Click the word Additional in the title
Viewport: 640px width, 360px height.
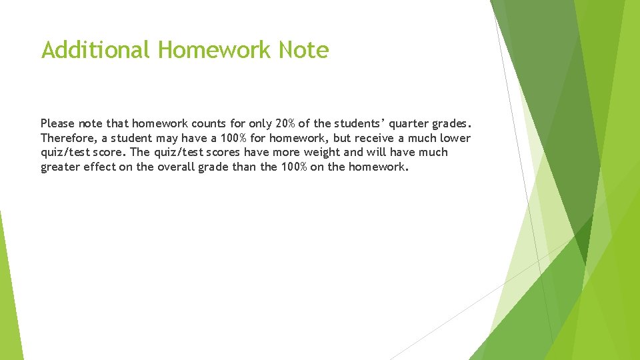96,50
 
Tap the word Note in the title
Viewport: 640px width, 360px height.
303,50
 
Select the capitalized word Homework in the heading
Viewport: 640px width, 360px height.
215,50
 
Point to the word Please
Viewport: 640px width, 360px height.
57,123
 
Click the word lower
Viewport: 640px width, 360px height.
455,138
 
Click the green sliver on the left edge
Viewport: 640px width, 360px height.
9,293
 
